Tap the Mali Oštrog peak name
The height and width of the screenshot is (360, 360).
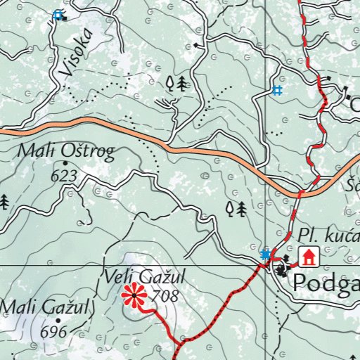[x=66, y=152]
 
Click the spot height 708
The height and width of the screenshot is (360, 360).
[x=165, y=296]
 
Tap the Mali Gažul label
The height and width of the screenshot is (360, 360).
[x=46, y=307]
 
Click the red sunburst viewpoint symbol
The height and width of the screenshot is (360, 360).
[x=133, y=296]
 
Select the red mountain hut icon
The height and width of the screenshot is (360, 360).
[x=307, y=257]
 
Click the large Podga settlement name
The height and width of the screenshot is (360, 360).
[x=326, y=283]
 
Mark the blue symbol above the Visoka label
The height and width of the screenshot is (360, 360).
[x=58, y=14]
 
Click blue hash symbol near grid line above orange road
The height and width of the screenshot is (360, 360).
[x=277, y=90]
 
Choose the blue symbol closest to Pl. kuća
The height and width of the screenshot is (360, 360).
[x=265, y=254]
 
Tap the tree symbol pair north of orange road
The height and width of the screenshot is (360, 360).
[x=176, y=84]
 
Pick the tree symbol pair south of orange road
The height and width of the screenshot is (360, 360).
[x=236, y=208]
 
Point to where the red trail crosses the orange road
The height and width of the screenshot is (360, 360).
[x=302, y=192]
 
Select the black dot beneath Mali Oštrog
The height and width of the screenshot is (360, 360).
[x=65, y=163]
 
